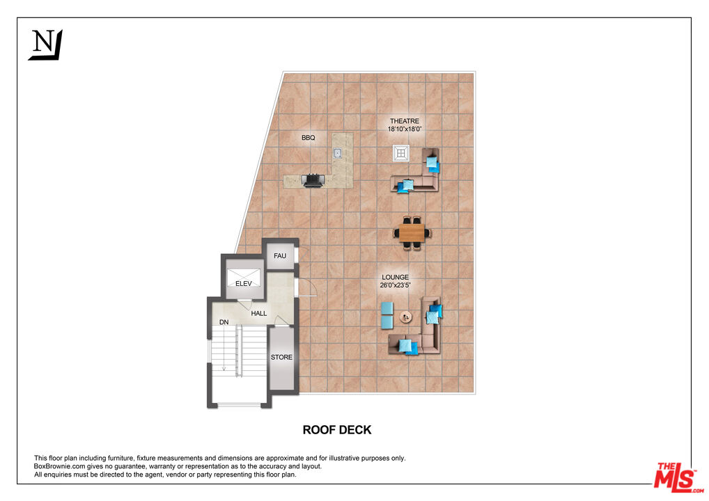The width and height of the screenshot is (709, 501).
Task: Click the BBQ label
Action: (308, 138)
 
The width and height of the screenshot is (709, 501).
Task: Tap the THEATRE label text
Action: (404, 121)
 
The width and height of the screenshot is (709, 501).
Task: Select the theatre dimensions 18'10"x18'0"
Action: (405, 129)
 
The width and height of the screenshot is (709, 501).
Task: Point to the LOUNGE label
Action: (395, 277)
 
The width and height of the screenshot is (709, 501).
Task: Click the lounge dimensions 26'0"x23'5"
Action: (395, 285)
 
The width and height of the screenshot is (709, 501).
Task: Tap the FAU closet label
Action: (280, 256)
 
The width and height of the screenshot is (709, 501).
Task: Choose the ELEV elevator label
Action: (243, 283)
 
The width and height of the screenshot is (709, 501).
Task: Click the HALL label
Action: (259, 314)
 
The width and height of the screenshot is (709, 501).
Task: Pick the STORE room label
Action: (281, 357)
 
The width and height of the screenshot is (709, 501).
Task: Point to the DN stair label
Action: (224, 322)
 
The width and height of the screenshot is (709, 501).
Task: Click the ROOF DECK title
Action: (337, 430)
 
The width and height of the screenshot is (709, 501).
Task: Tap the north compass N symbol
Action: (45, 44)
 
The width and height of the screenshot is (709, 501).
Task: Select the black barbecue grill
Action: (313, 180)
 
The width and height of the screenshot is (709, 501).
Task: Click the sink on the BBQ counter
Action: (338, 153)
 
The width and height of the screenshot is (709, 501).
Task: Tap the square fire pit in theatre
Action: (401, 153)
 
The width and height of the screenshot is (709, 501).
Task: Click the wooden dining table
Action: (412, 230)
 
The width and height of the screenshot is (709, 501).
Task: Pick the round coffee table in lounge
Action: (405, 317)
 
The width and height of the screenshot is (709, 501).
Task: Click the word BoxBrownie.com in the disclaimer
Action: (60, 466)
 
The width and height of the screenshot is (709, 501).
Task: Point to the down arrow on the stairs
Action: (224, 369)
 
